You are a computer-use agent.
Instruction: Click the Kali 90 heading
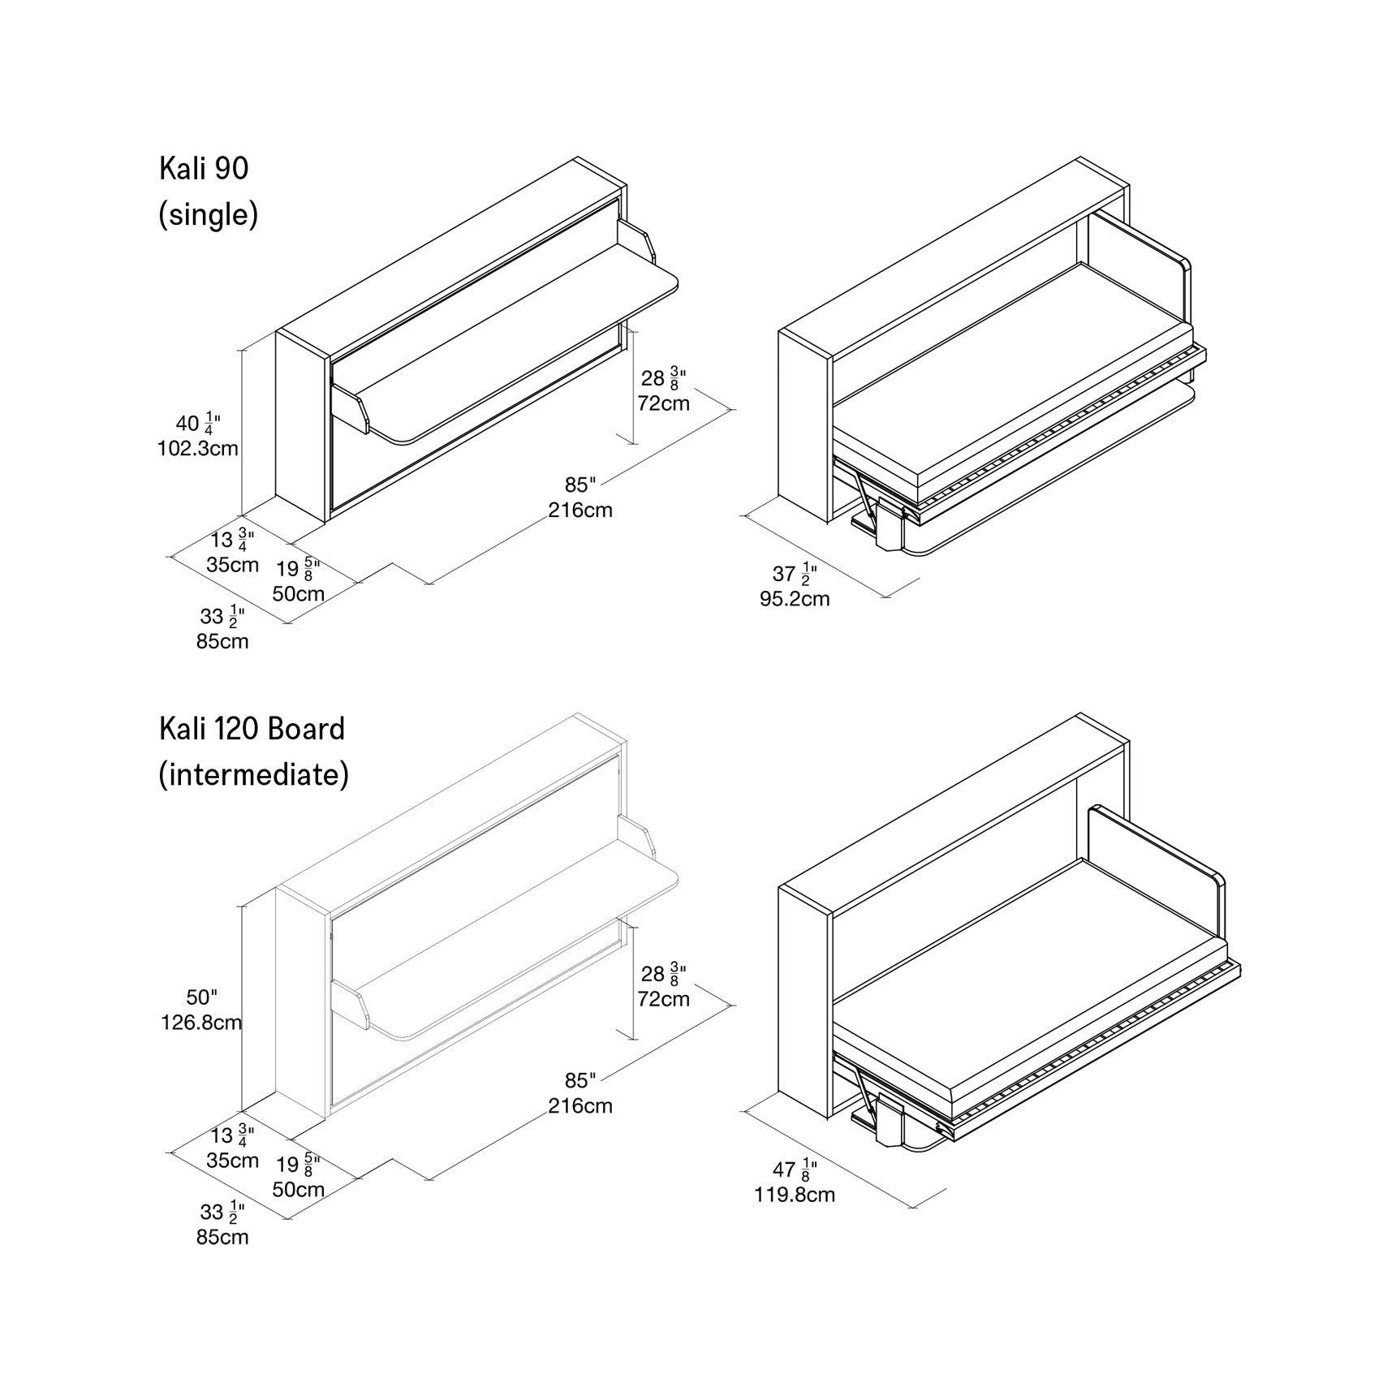[x=204, y=169]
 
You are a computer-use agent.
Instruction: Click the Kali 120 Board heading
[x=252, y=729]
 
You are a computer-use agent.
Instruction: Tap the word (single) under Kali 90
[x=208, y=215]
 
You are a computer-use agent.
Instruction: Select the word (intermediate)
[x=253, y=774]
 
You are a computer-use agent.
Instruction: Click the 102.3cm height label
[x=197, y=448]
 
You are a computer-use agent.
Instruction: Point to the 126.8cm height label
[x=201, y=1022]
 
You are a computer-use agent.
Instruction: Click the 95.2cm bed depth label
[x=795, y=599]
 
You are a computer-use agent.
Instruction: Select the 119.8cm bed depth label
[x=795, y=1195]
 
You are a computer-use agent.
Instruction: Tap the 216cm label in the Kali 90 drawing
[x=580, y=510]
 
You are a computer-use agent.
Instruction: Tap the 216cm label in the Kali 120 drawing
[x=580, y=1105]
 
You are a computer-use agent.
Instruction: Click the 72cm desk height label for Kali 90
[x=663, y=403]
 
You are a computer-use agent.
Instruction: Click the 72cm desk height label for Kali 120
[x=663, y=998]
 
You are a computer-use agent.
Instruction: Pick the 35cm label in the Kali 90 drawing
[x=232, y=565]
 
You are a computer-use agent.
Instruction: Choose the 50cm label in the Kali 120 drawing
[x=298, y=1190]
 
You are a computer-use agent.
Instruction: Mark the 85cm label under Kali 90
[x=222, y=641]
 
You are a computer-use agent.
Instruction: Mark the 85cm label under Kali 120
[x=222, y=1237]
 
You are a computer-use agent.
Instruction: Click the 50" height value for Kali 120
[x=202, y=997]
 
